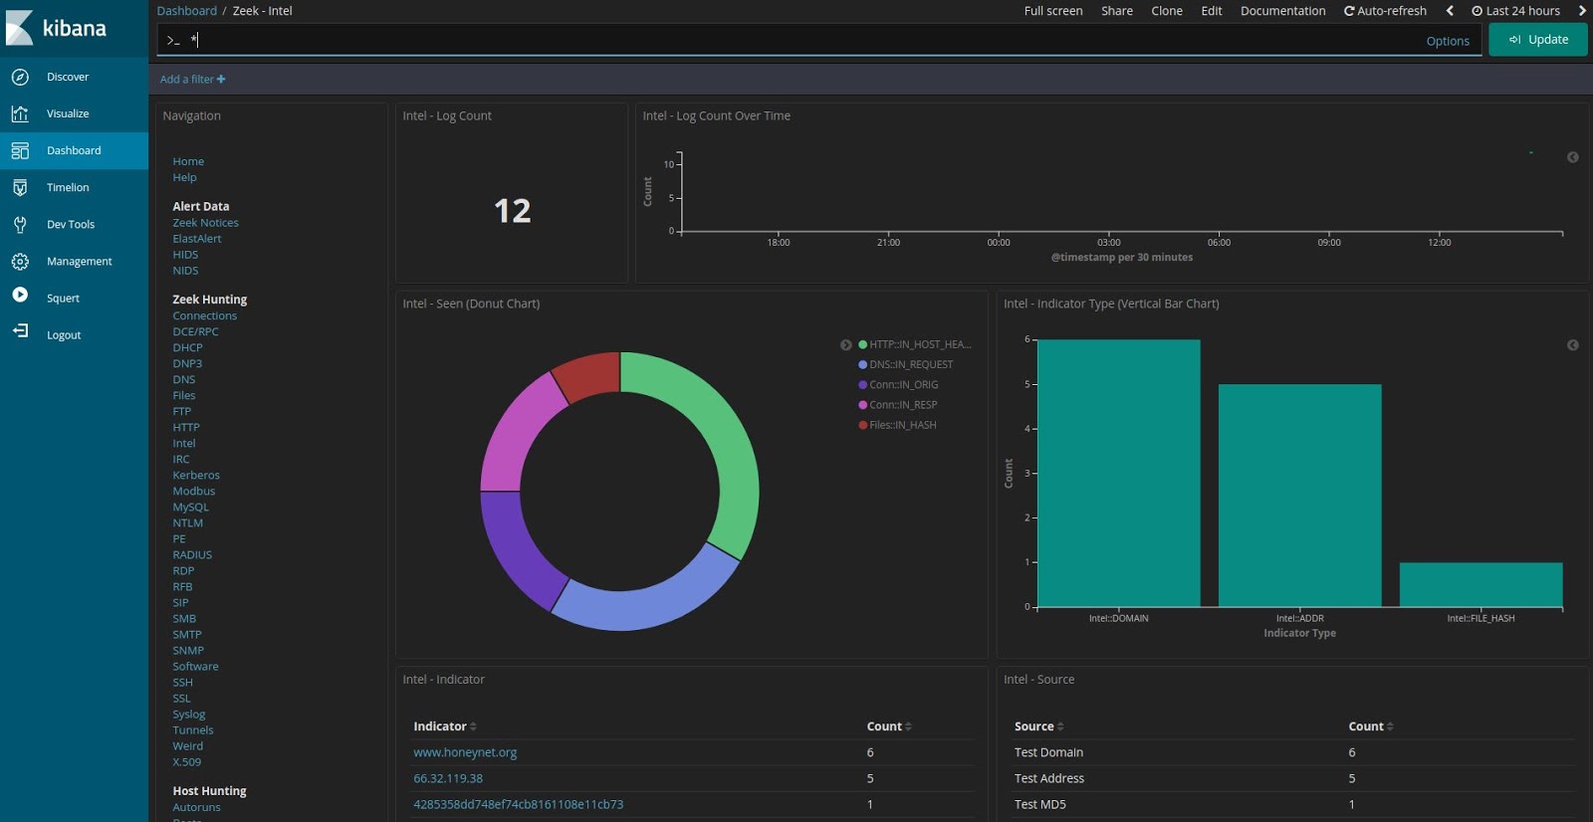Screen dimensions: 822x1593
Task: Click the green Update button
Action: point(1537,40)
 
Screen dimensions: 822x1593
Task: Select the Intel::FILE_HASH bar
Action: point(1480,585)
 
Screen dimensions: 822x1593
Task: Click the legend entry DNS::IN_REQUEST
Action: point(910,365)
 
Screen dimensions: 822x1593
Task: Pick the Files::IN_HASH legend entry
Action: point(902,425)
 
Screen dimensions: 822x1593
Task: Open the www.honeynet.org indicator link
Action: point(465,752)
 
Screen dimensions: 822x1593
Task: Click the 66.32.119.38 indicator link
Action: point(448,778)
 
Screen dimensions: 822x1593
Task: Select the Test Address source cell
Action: point(1048,778)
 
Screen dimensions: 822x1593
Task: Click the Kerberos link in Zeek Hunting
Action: point(196,476)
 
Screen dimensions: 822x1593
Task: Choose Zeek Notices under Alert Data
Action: point(205,223)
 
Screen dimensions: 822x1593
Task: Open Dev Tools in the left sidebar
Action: point(70,225)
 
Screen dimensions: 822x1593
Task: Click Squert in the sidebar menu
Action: point(63,299)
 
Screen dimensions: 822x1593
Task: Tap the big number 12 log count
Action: point(512,211)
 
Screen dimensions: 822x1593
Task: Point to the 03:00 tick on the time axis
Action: point(1108,242)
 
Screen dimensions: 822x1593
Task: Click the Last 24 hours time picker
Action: point(1516,11)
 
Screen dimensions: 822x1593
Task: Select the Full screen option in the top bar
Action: point(1052,11)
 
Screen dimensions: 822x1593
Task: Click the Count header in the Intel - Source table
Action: point(1366,726)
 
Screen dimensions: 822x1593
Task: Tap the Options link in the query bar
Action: point(1447,41)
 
